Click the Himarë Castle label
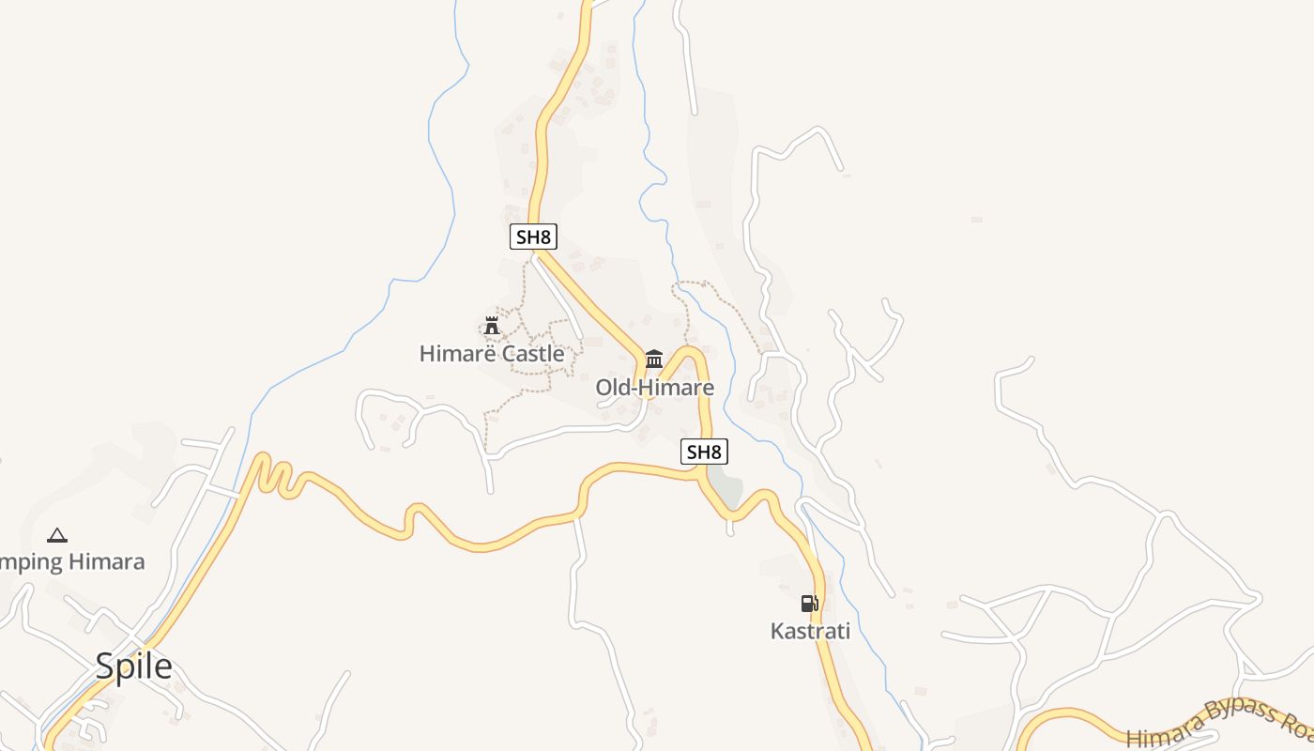[x=492, y=354]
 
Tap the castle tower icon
[x=491, y=326]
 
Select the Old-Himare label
[x=654, y=388]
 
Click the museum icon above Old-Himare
[x=654, y=358]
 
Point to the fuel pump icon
[x=809, y=603]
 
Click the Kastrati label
[x=810, y=631]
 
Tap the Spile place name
[x=133, y=666]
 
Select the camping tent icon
[x=57, y=535]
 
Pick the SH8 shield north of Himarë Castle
[x=533, y=237]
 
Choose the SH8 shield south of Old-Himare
[x=704, y=452]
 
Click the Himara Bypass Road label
[x=1220, y=724]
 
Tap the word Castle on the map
[x=533, y=354]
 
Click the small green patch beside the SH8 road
[x=726, y=490]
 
